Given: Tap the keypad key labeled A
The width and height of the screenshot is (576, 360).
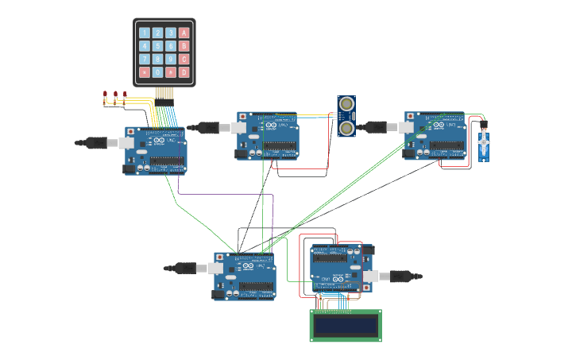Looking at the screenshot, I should point(184,33).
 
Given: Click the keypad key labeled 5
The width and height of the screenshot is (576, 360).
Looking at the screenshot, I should point(157,46).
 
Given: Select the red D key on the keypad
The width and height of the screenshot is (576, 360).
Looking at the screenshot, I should point(184,72).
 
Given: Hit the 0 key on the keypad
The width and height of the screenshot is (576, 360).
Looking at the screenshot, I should point(157,72).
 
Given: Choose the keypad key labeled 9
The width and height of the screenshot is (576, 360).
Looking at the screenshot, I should point(171,59).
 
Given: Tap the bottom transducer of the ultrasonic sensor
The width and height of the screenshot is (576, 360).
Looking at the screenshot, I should point(346,126).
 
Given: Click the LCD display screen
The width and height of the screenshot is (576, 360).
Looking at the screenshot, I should point(346,325).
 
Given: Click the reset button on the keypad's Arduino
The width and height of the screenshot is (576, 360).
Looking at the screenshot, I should point(131,131).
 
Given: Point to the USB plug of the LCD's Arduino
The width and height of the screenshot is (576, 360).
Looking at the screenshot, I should point(384,277).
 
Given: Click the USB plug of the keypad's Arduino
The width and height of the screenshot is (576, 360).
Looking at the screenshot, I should point(113,143).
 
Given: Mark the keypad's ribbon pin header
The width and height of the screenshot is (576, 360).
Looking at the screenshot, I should point(164,93).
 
